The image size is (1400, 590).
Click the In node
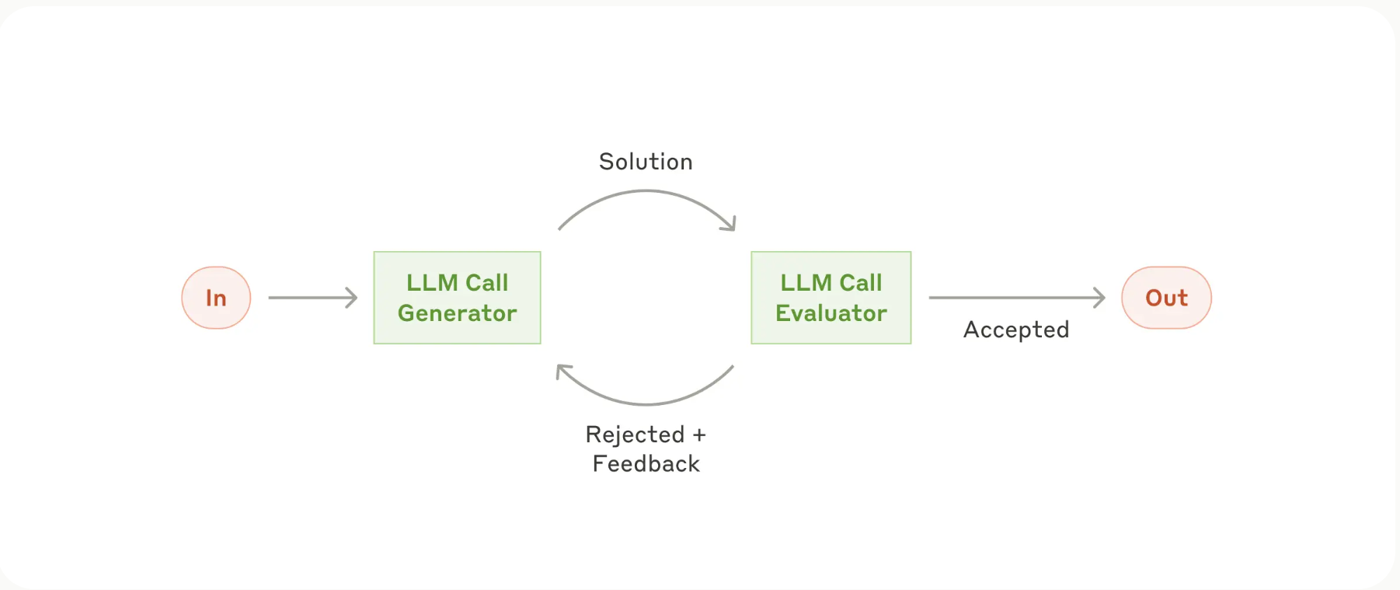coord(216,298)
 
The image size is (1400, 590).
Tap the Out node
coord(1166,298)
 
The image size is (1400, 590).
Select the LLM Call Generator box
coord(457,298)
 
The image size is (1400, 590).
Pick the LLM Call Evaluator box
coord(831,298)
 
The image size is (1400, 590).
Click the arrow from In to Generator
coord(312,298)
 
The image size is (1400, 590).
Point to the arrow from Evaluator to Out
coord(1017,298)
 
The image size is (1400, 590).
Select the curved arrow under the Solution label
coord(646,192)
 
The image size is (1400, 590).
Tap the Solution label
coord(646,162)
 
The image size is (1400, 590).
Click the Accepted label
coord(1016,330)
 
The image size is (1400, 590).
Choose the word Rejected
coord(635,435)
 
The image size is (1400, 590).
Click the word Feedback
coord(646,464)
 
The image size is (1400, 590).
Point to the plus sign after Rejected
coord(699,435)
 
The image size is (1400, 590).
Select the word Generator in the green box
coord(457,313)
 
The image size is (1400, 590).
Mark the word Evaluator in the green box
coord(831,313)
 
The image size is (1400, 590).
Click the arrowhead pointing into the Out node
coord(1099,298)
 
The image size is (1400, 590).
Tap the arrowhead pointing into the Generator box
coord(352,298)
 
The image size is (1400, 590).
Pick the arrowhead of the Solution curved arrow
coord(729,223)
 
